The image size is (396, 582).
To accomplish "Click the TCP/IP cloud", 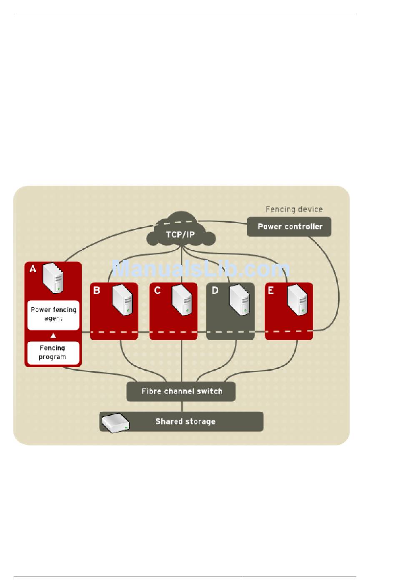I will tap(180, 233).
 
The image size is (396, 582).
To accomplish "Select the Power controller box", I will tap(289, 227).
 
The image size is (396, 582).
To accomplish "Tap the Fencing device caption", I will tap(294, 209).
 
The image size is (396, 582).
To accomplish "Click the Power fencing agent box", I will tap(53, 315).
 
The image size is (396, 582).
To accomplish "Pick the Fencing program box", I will tap(53, 353).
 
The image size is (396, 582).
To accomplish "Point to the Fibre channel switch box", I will tap(181, 391).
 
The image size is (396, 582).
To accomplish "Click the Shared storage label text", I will tap(185, 422).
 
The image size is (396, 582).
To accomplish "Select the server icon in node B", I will tap(123, 299).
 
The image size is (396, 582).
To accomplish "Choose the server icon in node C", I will tap(181, 299).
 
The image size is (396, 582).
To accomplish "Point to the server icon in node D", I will tap(239, 299).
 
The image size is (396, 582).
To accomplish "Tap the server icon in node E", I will tap(297, 299).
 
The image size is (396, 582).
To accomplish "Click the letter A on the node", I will tap(33, 269).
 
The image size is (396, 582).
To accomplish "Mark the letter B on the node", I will tap(97, 290).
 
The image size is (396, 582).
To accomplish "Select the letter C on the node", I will tap(157, 290).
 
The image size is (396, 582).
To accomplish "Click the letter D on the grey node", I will tap(215, 290).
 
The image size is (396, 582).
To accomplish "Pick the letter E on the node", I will tap(271, 290).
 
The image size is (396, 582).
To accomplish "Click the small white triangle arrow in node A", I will tap(53, 336).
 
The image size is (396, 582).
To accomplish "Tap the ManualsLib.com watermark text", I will tap(201, 269).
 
